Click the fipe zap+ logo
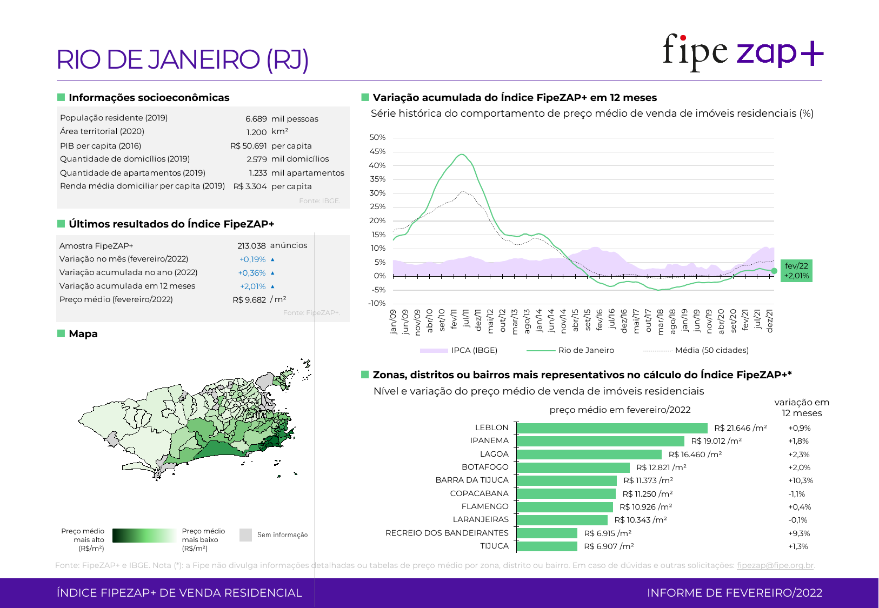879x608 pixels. coord(743,52)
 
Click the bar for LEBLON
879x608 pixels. coord(612,428)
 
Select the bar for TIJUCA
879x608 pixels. coord(547,546)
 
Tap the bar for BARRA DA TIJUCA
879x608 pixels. coord(567,480)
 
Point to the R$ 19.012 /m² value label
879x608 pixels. coord(716,441)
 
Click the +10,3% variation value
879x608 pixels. coord(800,480)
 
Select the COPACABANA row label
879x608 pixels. coord(479,493)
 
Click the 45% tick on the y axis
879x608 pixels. coord(377,151)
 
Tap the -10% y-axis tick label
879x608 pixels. coord(377,303)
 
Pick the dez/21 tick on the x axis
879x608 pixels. coord(770,321)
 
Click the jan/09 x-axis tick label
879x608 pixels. coord(393,322)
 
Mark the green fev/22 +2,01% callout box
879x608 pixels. coord(796,271)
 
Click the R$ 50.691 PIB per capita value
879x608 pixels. coord(248,146)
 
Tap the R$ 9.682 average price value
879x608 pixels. coord(249,300)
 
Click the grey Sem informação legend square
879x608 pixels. coord(245,535)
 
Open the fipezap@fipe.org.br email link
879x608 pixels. coord(775,565)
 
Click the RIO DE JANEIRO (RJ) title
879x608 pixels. coord(183,59)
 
